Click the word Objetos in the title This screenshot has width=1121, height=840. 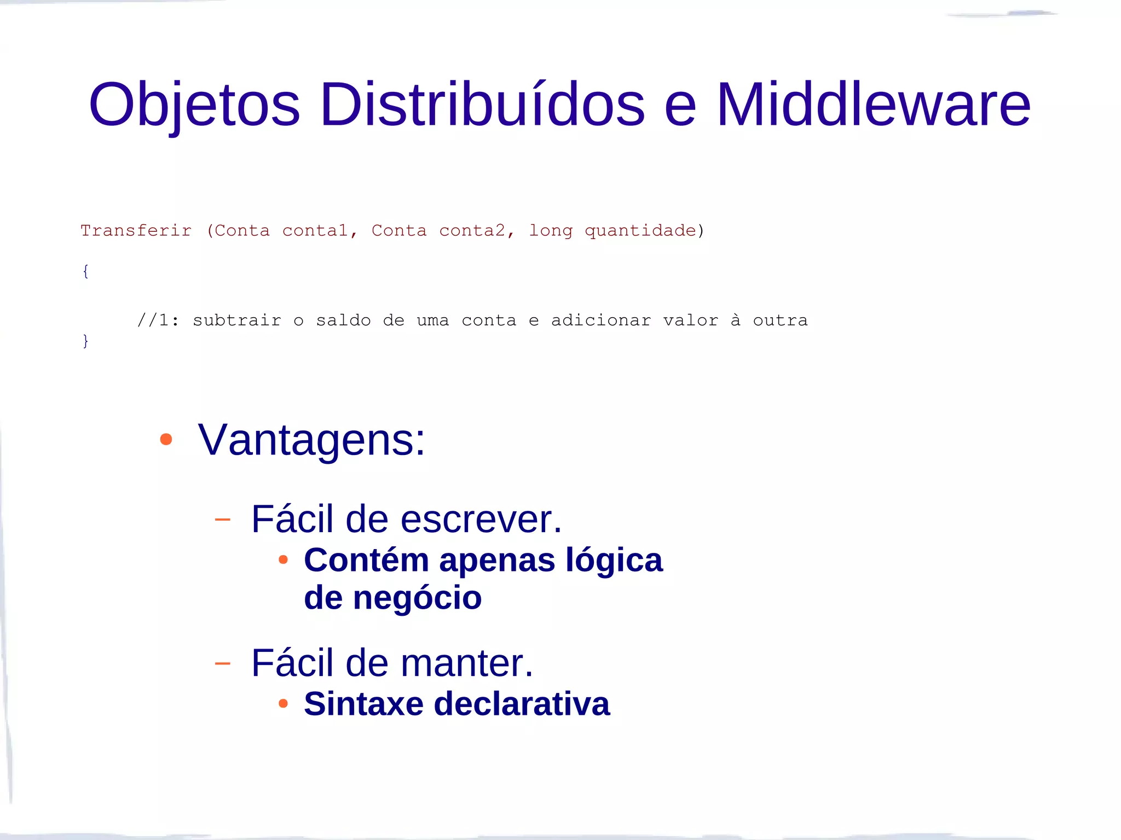click(x=194, y=104)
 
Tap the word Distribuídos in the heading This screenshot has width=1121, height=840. click(x=482, y=104)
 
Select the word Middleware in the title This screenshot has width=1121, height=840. click(x=873, y=104)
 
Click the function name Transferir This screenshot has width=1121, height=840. click(x=136, y=231)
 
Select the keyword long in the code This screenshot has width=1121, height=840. click(x=551, y=231)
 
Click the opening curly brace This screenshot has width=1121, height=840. click(x=85, y=271)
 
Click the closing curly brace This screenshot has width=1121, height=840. click(x=85, y=341)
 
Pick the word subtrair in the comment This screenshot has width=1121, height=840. click(x=237, y=320)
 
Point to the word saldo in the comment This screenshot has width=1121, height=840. click(x=343, y=320)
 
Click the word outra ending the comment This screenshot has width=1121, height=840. click(x=780, y=320)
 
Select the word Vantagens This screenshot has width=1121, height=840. click(x=311, y=440)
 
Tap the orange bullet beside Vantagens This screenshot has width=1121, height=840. click(x=166, y=439)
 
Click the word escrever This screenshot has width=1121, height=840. click(x=481, y=519)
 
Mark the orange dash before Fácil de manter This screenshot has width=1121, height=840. click(x=223, y=663)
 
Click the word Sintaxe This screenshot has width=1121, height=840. click(x=363, y=703)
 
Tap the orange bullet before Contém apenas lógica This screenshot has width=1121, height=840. click(x=283, y=559)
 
